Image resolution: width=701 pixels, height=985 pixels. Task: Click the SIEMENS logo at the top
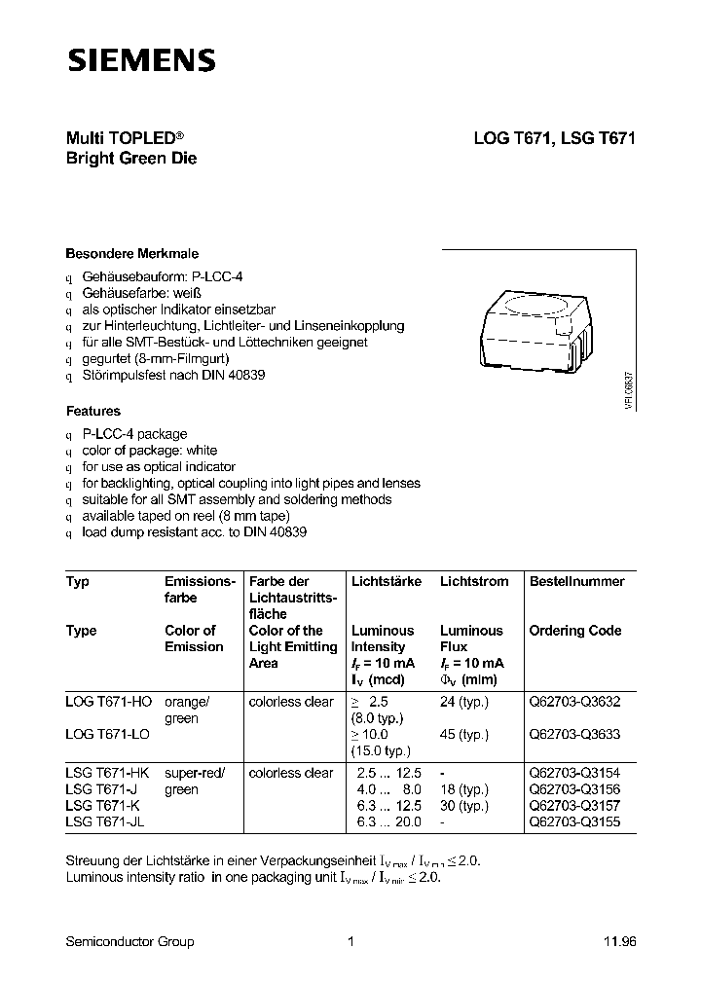(x=140, y=60)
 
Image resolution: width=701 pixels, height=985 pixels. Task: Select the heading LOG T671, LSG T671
(x=554, y=138)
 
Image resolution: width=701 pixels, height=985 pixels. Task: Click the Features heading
(x=93, y=411)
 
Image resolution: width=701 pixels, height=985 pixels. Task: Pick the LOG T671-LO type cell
(x=108, y=735)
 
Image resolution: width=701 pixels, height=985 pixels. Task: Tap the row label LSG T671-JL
(x=106, y=822)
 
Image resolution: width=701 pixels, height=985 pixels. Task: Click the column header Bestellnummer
(x=576, y=581)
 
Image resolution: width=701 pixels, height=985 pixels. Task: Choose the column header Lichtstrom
(x=474, y=581)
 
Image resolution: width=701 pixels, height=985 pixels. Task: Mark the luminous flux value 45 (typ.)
(x=463, y=735)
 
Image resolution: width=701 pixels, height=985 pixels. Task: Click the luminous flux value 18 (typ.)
(x=463, y=790)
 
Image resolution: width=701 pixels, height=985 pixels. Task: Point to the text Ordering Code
(x=574, y=631)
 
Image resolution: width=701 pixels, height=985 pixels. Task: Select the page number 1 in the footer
(x=350, y=941)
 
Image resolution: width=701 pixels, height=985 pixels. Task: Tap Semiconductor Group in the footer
(x=129, y=941)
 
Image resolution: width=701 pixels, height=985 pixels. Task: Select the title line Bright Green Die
(x=131, y=158)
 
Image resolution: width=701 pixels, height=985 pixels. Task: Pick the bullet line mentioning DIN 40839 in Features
(x=194, y=532)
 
